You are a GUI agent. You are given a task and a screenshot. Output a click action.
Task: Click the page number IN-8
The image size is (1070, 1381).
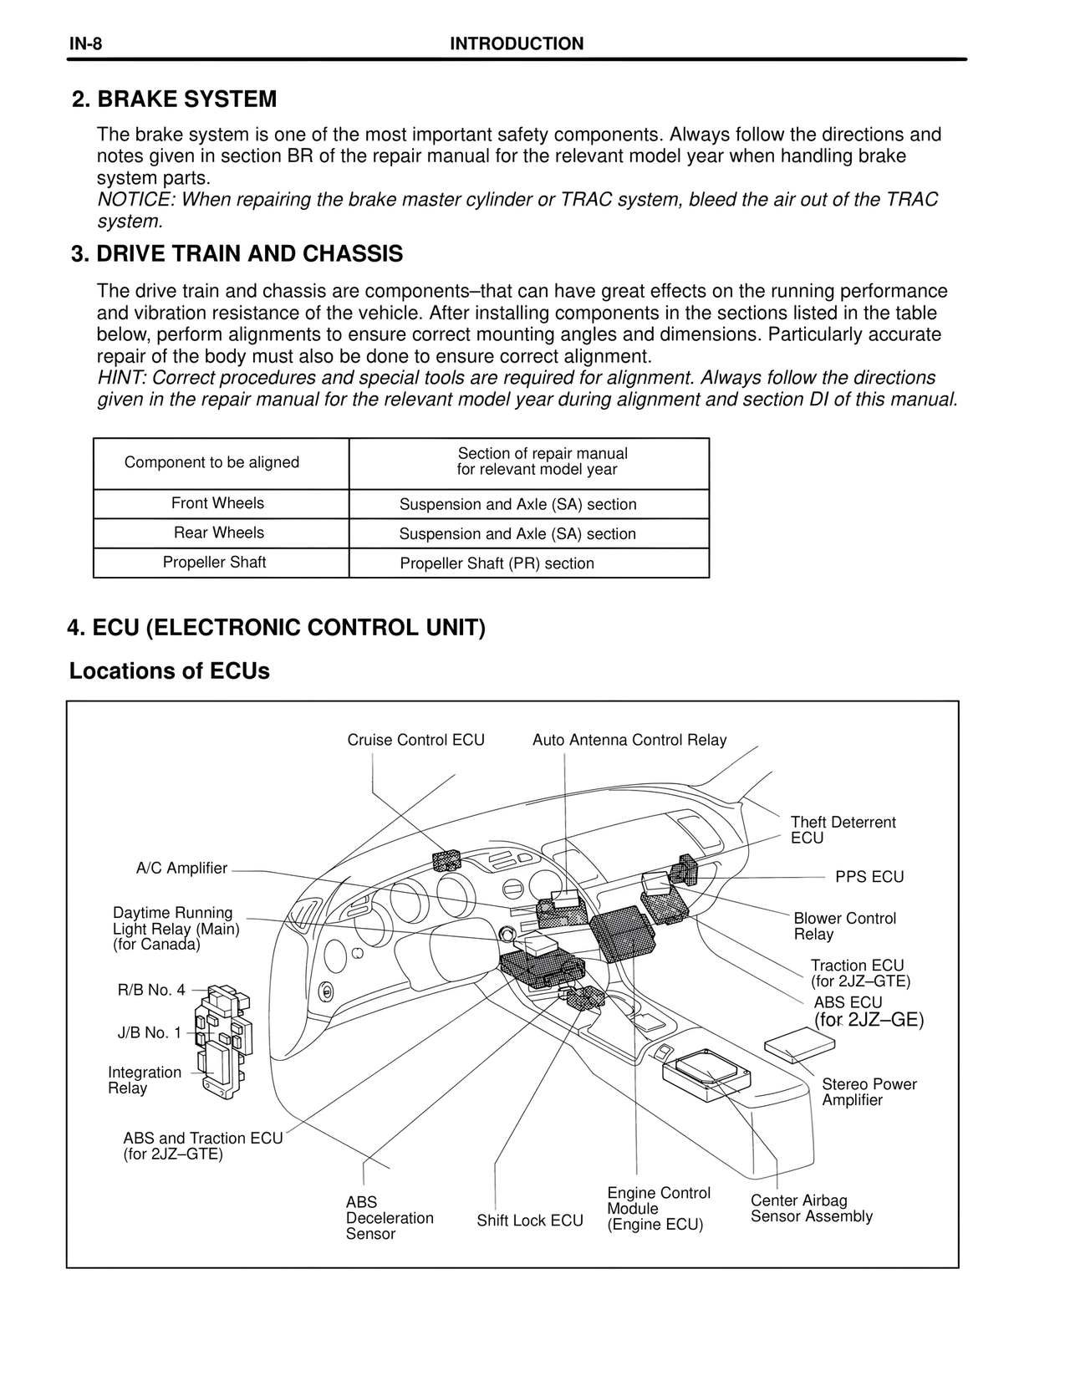(x=85, y=44)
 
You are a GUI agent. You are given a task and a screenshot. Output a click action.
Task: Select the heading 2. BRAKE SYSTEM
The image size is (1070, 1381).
(x=174, y=99)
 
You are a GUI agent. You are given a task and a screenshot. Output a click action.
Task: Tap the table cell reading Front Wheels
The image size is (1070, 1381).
(x=217, y=503)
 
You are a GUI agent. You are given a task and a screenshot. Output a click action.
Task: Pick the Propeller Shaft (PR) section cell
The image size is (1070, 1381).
(x=497, y=563)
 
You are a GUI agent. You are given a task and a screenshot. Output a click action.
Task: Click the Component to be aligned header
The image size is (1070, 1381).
(x=211, y=462)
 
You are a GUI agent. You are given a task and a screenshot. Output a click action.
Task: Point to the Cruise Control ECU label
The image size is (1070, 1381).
(x=415, y=740)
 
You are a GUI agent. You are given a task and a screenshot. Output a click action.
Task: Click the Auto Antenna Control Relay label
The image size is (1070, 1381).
(x=629, y=740)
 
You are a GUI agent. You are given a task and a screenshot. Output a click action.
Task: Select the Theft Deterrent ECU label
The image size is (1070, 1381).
(x=842, y=830)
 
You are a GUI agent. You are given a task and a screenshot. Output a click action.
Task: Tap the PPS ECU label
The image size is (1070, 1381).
(x=869, y=877)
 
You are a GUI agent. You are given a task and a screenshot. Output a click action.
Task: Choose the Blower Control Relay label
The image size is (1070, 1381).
(x=843, y=926)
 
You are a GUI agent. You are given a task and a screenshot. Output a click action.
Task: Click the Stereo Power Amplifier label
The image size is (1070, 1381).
(x=869, y=1092)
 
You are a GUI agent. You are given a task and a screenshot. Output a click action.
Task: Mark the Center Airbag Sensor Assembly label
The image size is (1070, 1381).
(x=810, y=1209)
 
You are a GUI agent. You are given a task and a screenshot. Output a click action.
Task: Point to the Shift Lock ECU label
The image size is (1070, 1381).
(x=529, y=1220)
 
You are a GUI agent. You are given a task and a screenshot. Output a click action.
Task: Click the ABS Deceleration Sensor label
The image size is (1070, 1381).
(x=389, y=1218)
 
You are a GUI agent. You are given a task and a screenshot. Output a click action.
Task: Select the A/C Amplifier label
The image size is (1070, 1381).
(x=181, y=869)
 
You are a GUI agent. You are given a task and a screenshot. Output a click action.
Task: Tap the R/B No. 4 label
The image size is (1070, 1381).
(x=151, y=991)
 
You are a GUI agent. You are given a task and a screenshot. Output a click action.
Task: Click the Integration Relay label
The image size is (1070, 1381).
(x=144, y=1080)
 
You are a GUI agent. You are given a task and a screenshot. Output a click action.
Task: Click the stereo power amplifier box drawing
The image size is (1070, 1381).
(x=800, y=1045)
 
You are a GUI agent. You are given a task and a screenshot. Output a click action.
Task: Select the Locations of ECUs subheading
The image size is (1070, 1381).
(x=169, y=671)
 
